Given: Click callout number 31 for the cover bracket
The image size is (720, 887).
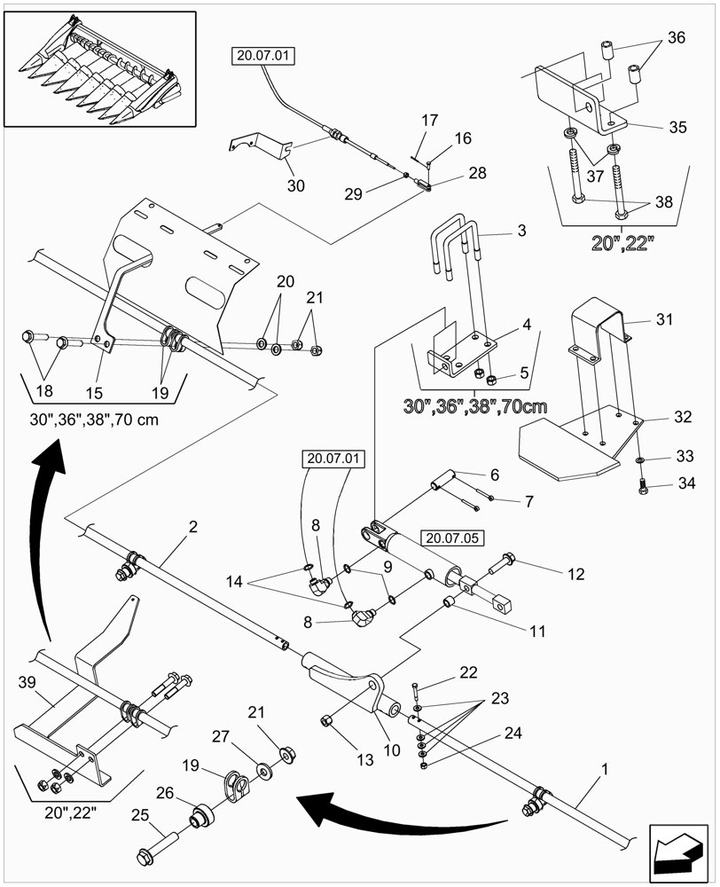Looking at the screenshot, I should pyautogui.click(x=665, y=318).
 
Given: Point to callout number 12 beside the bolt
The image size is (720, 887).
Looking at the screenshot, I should pyautogui.click(x=576, y=575).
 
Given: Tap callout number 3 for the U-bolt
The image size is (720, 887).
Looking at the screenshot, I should pyautogui.click(x=521, y=230).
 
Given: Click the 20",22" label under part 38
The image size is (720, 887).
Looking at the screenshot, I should pyautogui.click(x=619, y=240).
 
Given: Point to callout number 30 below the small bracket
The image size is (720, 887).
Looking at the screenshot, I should pyautogui.click(x=296, y=186).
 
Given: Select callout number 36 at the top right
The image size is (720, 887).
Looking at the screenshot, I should pyautogui.click(x=677, y=38).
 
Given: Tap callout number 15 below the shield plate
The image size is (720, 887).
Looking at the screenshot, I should pyautogui.click(x=91, y=390).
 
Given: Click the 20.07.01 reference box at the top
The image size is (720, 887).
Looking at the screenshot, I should pyautogui.click(x=264, y=56).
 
